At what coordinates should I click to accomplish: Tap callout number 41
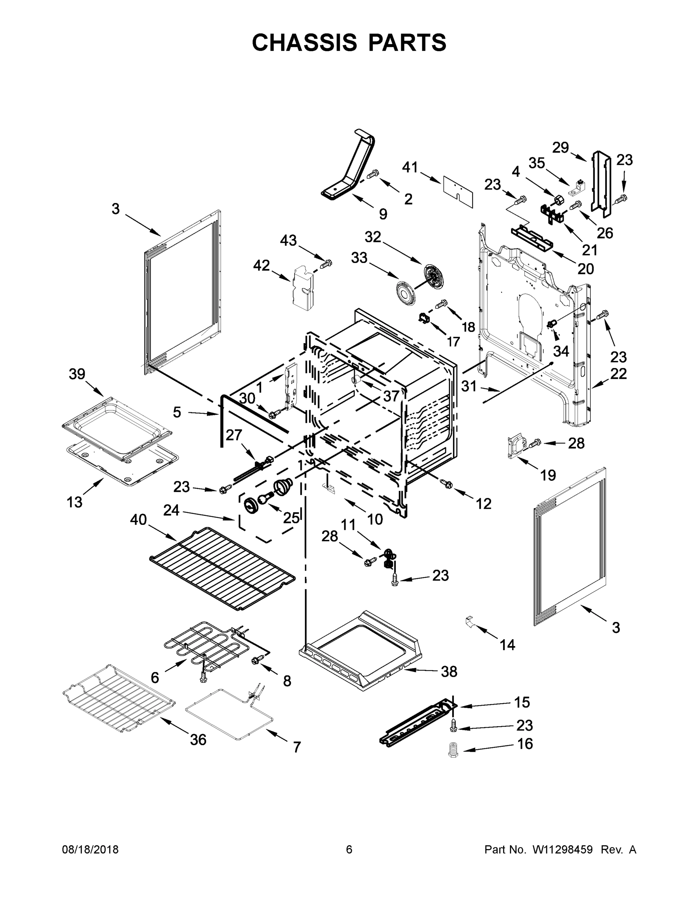click(x=410, y=168)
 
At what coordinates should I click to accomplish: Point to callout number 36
click(x=198, y=740)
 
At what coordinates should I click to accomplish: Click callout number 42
click(x=262, y=265)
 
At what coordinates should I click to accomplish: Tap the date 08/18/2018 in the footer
click(x=90, y=849)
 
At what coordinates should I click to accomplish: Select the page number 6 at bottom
click(x=349, y=849)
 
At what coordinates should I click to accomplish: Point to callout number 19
click(x=548, y=476)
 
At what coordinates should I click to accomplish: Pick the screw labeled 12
click(x=447, y=482)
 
